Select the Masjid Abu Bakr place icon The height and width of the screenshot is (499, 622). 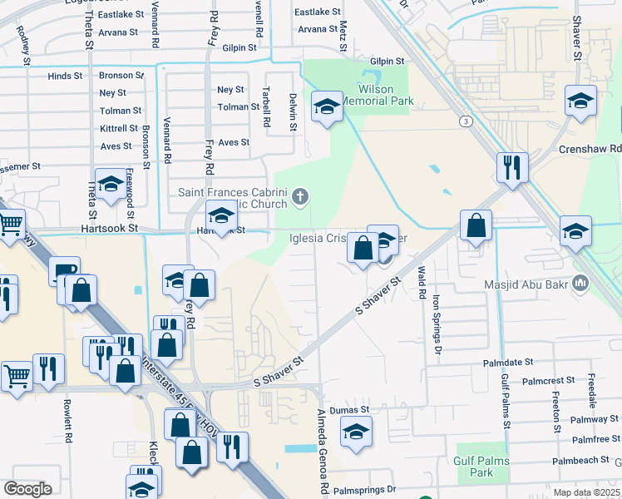click(581, 284)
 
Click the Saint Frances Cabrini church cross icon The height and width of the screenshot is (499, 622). click(301, 198)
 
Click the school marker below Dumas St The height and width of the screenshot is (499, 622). click(356, 432)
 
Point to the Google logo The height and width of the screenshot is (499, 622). click(27, 489)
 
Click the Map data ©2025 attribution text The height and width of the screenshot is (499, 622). click(586, 493)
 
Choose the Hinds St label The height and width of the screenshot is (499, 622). click(65, 76)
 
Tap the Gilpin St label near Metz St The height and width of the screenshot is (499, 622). click(387, 61)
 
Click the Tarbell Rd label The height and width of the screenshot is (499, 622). click(266, 107)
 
